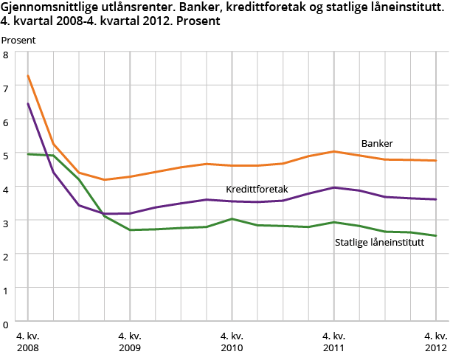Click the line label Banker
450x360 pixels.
pos(376,143)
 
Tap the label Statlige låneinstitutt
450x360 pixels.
pos(379,242)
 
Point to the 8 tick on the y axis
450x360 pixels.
pos(6,55)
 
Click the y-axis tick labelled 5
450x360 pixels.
pos(6,156)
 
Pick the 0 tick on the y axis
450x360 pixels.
pos(6,323)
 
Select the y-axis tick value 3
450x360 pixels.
pos(6,223)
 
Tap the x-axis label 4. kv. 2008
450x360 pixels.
pos(28,341)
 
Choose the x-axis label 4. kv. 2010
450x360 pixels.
pos(232,341)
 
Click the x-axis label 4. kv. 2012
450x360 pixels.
pos(435,341)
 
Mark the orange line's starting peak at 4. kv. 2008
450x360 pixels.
pos(28,75)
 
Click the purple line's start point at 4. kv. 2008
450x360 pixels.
pos(28,103)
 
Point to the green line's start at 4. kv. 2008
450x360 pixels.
pos(28,153)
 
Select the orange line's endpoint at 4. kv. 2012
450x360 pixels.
pos(435,160)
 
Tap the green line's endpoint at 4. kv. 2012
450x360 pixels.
pos(435,236)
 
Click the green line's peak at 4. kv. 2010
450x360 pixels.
pos(232,218)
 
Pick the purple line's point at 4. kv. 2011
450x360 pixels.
pos(333,187)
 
